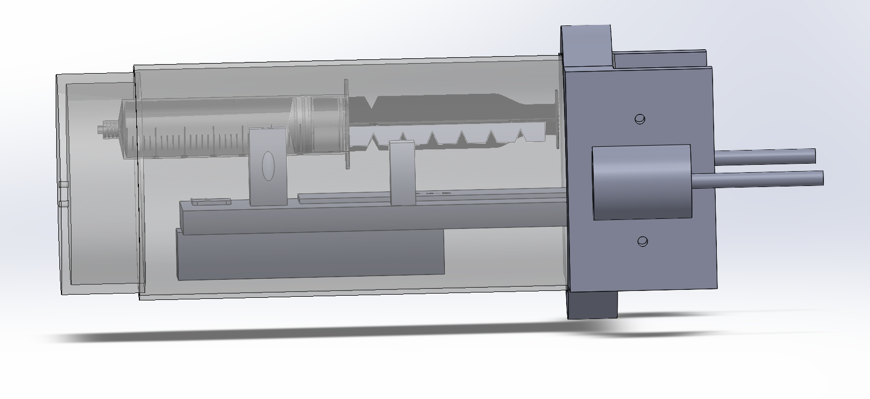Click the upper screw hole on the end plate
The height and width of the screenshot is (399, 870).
640,119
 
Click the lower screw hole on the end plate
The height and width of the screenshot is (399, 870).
643,242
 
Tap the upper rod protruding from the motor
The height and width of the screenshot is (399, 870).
763,156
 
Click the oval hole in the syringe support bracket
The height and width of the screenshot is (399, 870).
268,166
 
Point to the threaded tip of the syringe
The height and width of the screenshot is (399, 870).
109,129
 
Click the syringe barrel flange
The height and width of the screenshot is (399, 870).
347,125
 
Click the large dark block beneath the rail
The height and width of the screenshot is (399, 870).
310,254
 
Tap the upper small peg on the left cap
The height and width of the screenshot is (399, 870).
64,184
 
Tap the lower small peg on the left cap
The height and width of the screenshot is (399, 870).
64,204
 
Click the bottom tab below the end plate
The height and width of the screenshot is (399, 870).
593,305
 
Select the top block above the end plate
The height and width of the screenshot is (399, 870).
586,45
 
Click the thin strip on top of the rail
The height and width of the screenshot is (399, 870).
424,196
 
